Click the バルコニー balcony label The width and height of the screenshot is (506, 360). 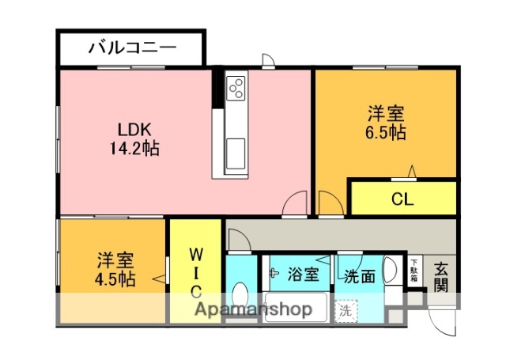(x=131, y=47)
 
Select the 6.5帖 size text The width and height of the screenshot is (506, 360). (x=387, y=132)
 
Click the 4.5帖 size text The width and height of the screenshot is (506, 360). (x=115, y=279)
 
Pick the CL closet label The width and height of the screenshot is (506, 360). (x=402, y=199)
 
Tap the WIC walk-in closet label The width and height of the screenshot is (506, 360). (x=196, y=272)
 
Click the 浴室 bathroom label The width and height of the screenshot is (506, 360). (x=303, y=275)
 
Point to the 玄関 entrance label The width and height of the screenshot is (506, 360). (x=442, y=276)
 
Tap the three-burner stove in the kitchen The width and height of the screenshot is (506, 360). (x=236, y=86)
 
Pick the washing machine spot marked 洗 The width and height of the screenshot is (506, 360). (x=346, y=310)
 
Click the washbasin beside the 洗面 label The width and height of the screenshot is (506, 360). (x=391, y=271)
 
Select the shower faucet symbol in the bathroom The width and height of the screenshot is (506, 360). (x=274, y=274)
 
